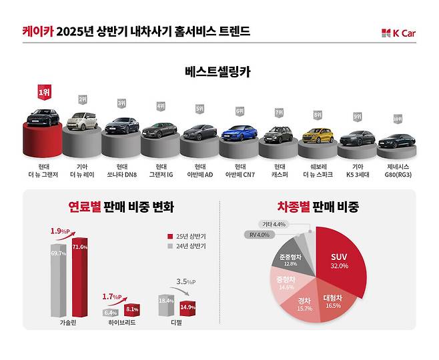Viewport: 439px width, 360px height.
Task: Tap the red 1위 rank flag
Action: (x=44, y=93)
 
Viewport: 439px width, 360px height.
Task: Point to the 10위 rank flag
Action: (x=398, y=119)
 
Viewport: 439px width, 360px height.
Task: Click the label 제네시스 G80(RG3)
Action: (x=397, y=171)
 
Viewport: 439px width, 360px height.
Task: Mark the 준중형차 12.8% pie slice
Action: (x=285, y=259)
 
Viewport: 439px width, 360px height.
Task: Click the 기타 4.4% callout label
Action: (x=274, y=224)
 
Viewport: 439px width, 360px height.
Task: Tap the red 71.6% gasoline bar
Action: (x=80, y=277)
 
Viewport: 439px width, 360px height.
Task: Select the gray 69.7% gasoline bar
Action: (x=59, y=280)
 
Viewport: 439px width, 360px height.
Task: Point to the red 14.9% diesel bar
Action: (x=187, y=308)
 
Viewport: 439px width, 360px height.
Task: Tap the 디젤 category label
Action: (x=177, y=323)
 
